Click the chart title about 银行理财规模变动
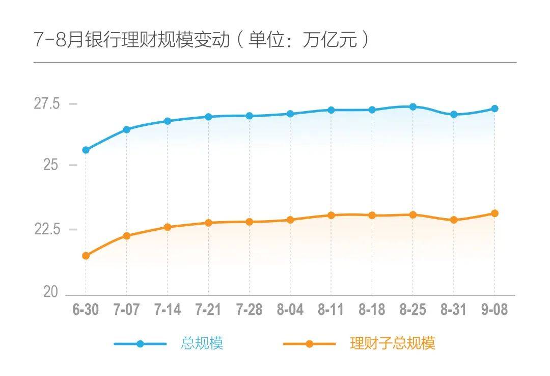pyautogui.click(x=201, y=40)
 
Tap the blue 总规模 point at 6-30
pyautogui.click(x=86, y=150)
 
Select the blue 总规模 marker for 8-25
pyautogui.click(x=413, y=106)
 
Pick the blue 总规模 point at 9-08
pyautogui.click(x=494, y=109)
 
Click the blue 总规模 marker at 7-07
pyautogui.click(x=127, y=129)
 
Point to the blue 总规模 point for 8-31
pyautogui.click(x=454, y=114)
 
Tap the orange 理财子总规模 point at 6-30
pyautogui.click(x=86, y=256)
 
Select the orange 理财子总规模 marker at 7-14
pyautogui.click(x=168, y=227)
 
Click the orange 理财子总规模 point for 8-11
pyautogui.click(x=331, y=215)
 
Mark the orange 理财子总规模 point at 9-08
pyautogui.click(x=494, y=213)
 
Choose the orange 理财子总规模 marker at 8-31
pyautogui.click(x=454, y=220)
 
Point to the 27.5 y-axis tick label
pyautogui.click(x=47, y=103)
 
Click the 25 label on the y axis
pyautogui.click(x=51, y=165)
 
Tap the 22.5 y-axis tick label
pyautogui.click(x=47, y=229)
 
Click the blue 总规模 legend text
pyautogui.click(x=202, y=343)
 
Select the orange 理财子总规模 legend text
pyautogui.click(x=393, y=343)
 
